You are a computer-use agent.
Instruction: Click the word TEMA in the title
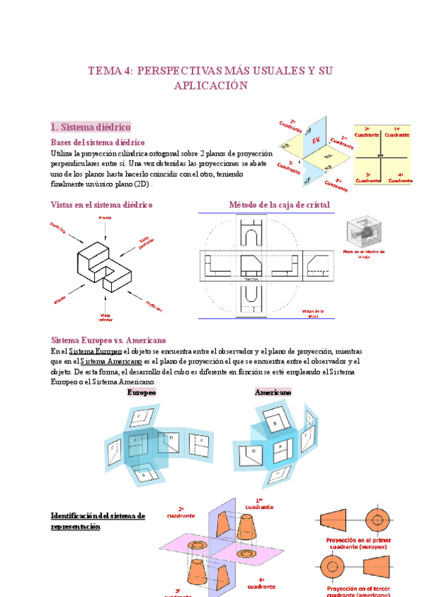click(102, 71)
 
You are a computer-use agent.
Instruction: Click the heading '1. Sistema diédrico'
click(91, 127)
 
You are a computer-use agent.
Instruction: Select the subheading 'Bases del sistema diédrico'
click(98, 142)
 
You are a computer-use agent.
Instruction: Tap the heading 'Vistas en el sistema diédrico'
click(102, 204)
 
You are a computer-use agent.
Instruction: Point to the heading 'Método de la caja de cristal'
click(279, 204)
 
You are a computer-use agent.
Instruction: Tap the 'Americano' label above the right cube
click(273, 392)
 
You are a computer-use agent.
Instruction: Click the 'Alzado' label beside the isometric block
click(60, 299)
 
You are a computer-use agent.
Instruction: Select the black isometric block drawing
click(105, 264)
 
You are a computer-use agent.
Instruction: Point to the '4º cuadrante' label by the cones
click(261, 582)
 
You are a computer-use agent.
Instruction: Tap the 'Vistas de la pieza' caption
click(312, 313)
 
